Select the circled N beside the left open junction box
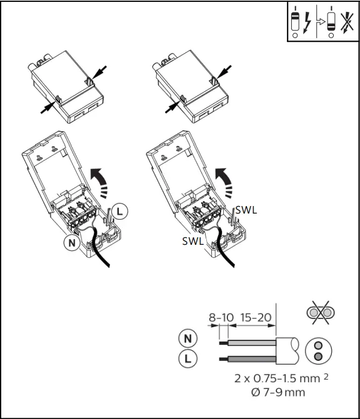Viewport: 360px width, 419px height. pyautogui.click(x=72, y=242)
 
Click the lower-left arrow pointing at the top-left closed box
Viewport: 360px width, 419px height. pyautogui.click(x=45, y=107)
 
